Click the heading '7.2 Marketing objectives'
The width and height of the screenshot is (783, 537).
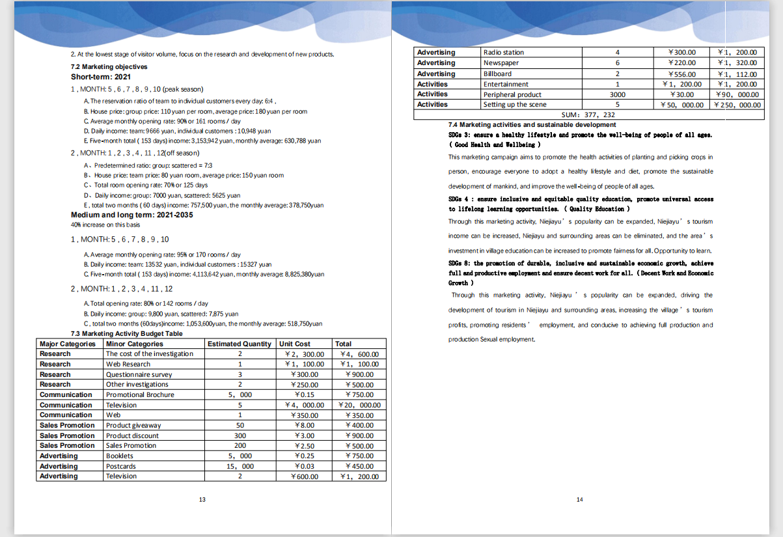coord(100,66)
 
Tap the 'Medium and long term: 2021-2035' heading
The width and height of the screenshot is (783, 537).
coord(131,215)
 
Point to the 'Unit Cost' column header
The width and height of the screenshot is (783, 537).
coord(294,344)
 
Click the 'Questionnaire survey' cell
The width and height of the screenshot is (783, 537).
coord(139,374)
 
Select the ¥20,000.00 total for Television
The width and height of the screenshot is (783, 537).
coord(359,405)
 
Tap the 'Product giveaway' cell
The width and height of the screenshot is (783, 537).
coord(133,425)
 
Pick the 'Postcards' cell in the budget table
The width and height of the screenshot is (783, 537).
coord(121,466)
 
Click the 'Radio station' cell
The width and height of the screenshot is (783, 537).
coord(504,52)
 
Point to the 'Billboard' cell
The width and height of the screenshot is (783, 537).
coord(498,74)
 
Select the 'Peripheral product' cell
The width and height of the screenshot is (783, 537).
coord(512,94)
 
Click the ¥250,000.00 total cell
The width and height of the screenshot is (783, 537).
coord(737,105)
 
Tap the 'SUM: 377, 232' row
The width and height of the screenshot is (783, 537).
coord(588,115)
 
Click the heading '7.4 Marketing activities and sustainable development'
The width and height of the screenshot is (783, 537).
coord(532,124)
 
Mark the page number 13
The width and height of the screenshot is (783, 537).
coord(202,499)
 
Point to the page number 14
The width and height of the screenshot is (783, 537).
coord(580,499)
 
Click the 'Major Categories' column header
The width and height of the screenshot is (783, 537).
coord(68,344)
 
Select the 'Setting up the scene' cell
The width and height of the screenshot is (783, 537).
coord(515,104)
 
